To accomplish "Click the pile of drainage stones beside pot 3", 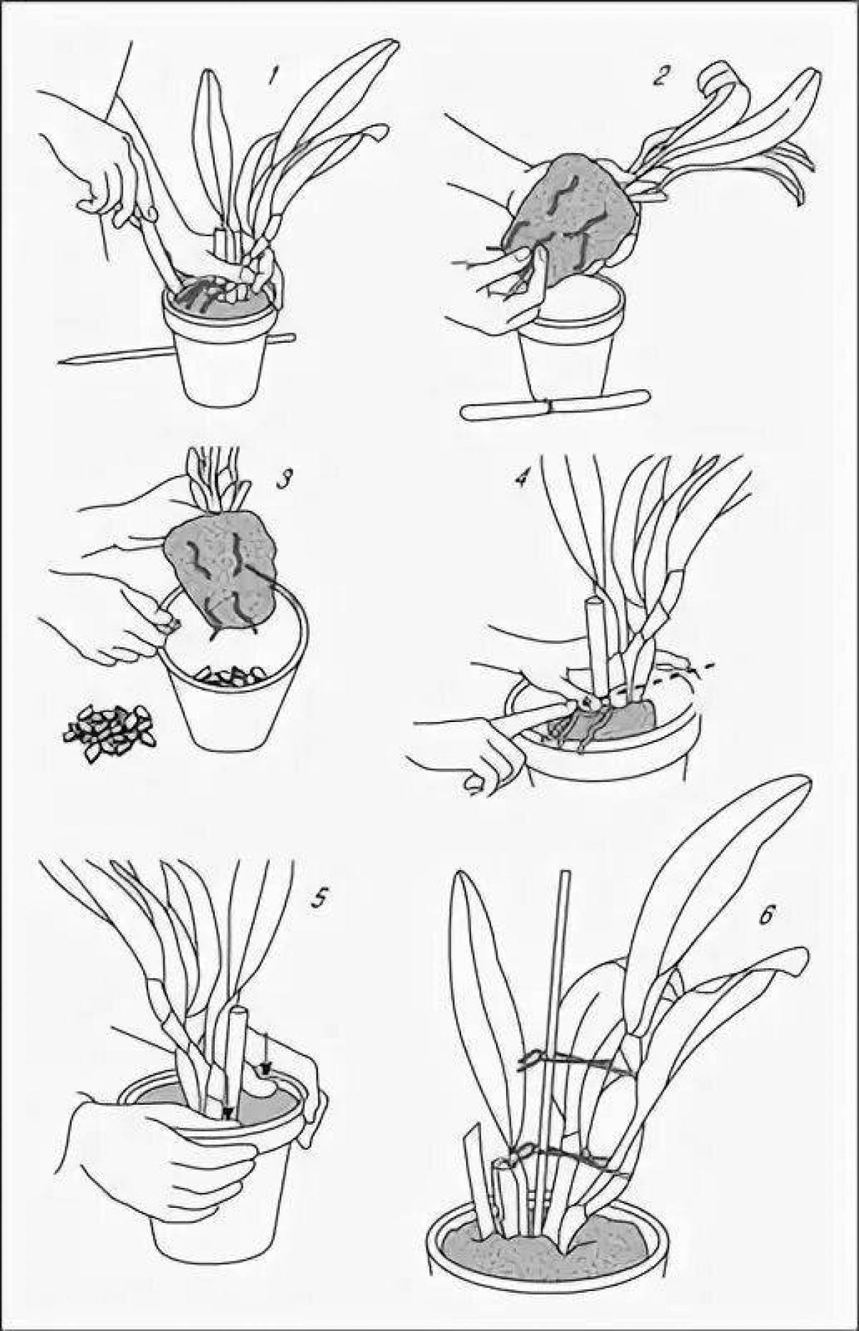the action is pyautogui.click(x=112, y=733).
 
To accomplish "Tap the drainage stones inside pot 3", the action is pyautogui.click(x=229, y=676).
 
